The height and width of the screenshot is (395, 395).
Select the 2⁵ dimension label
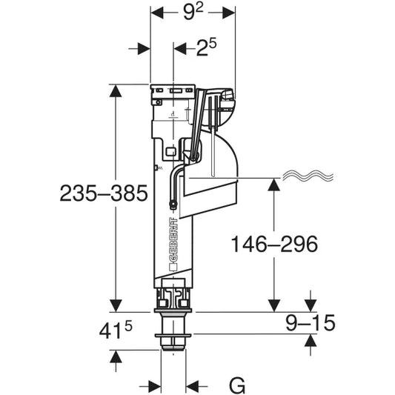[206, 49]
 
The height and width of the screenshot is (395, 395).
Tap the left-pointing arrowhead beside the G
[193, 385]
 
